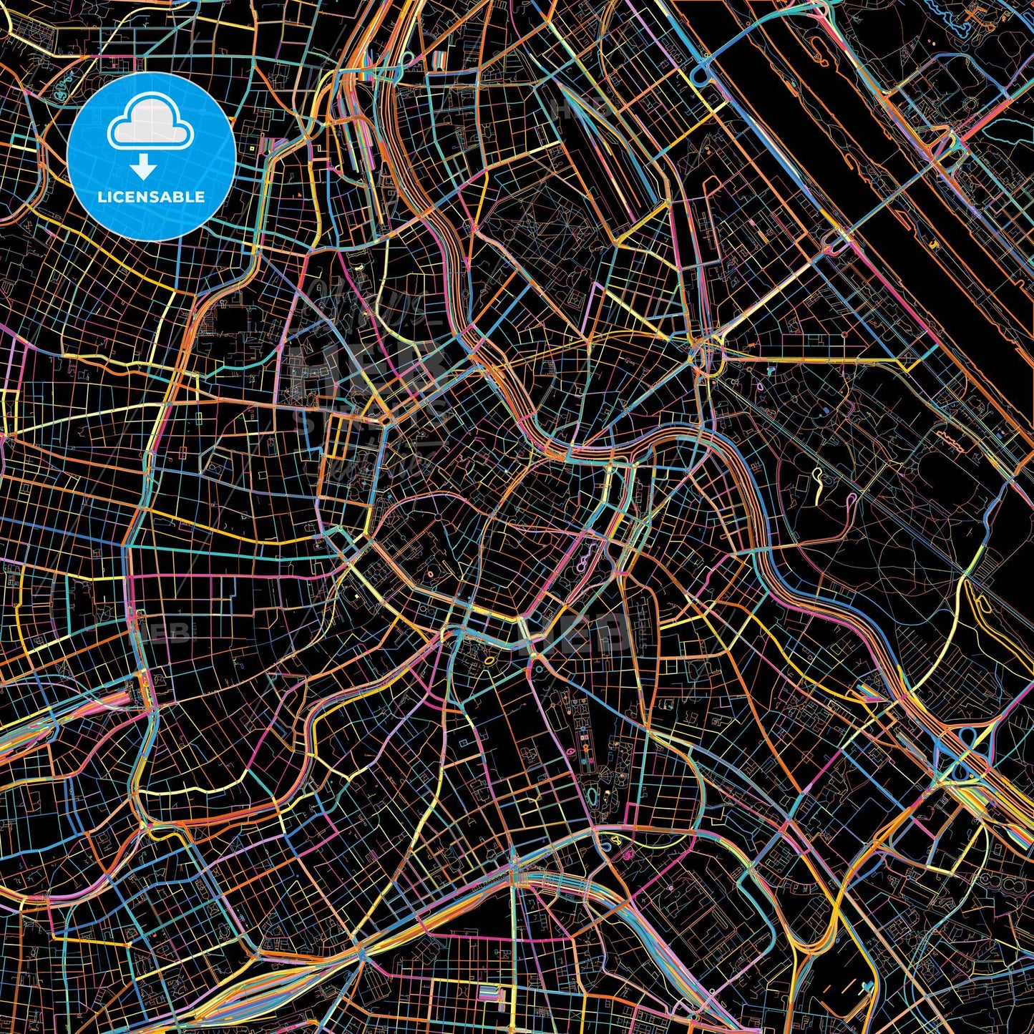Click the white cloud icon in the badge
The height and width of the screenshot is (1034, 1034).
(151, 129)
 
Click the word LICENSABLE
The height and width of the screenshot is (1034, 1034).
(151, 197)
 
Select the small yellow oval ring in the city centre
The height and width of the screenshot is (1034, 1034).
(489, 660)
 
